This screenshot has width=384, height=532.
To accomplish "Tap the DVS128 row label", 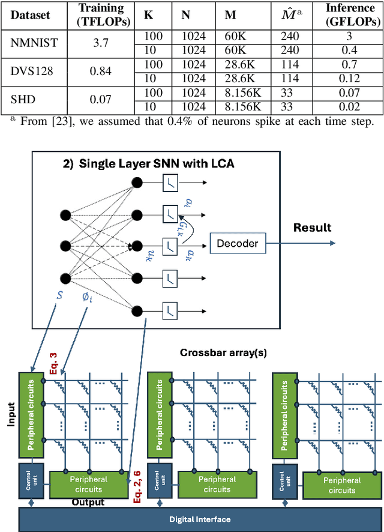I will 31,71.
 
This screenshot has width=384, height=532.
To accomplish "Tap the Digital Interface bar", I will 202,519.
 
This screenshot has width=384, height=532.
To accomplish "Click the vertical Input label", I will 10,414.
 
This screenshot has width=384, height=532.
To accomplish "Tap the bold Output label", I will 88,503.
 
